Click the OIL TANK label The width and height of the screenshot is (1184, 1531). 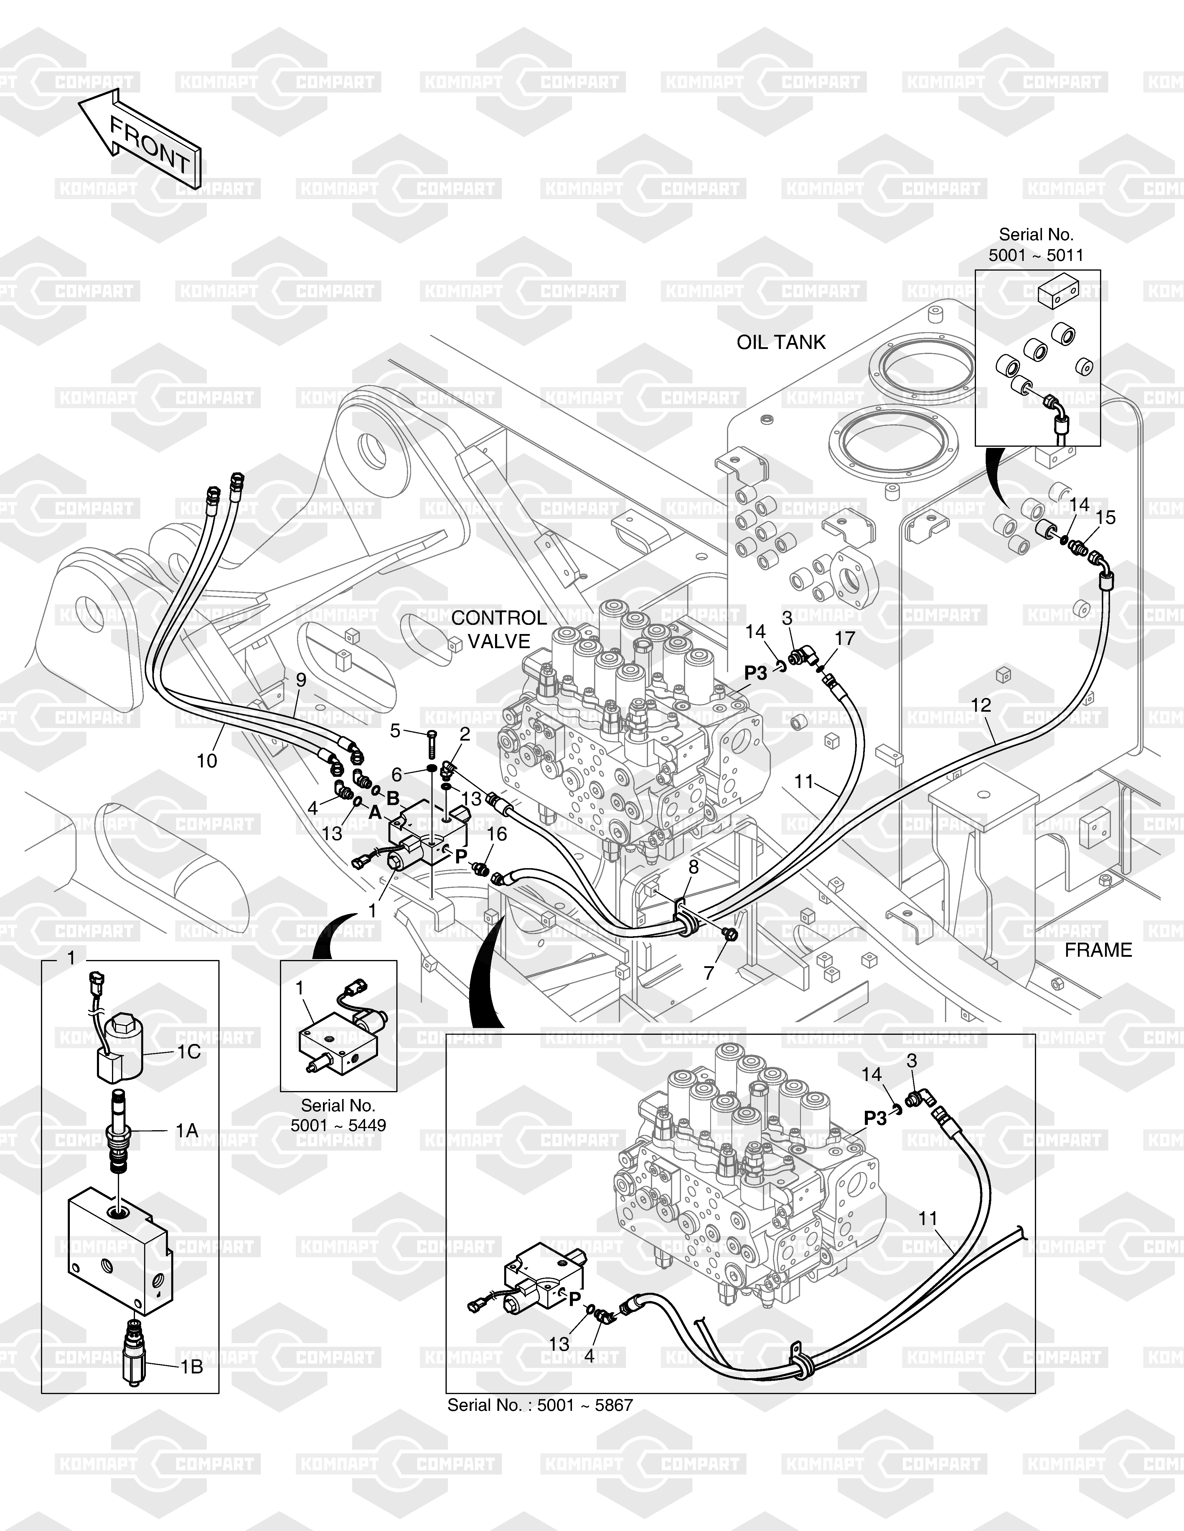pos(781,342)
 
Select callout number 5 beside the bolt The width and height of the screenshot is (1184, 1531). pos(395,731)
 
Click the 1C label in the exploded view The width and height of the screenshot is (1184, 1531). pos(188,1052)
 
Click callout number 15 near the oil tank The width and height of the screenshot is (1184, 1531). pos(1105,517)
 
